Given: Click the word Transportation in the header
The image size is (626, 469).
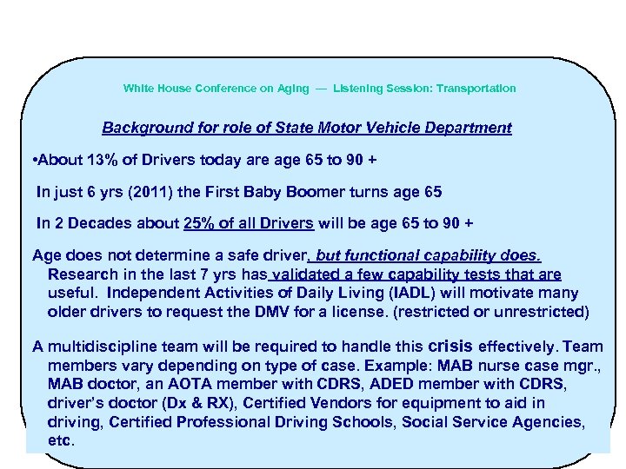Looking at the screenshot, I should coord(476,89).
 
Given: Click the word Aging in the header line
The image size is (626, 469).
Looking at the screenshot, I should coord(291,89).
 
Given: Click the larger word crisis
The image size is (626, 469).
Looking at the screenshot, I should coord(452,344).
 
